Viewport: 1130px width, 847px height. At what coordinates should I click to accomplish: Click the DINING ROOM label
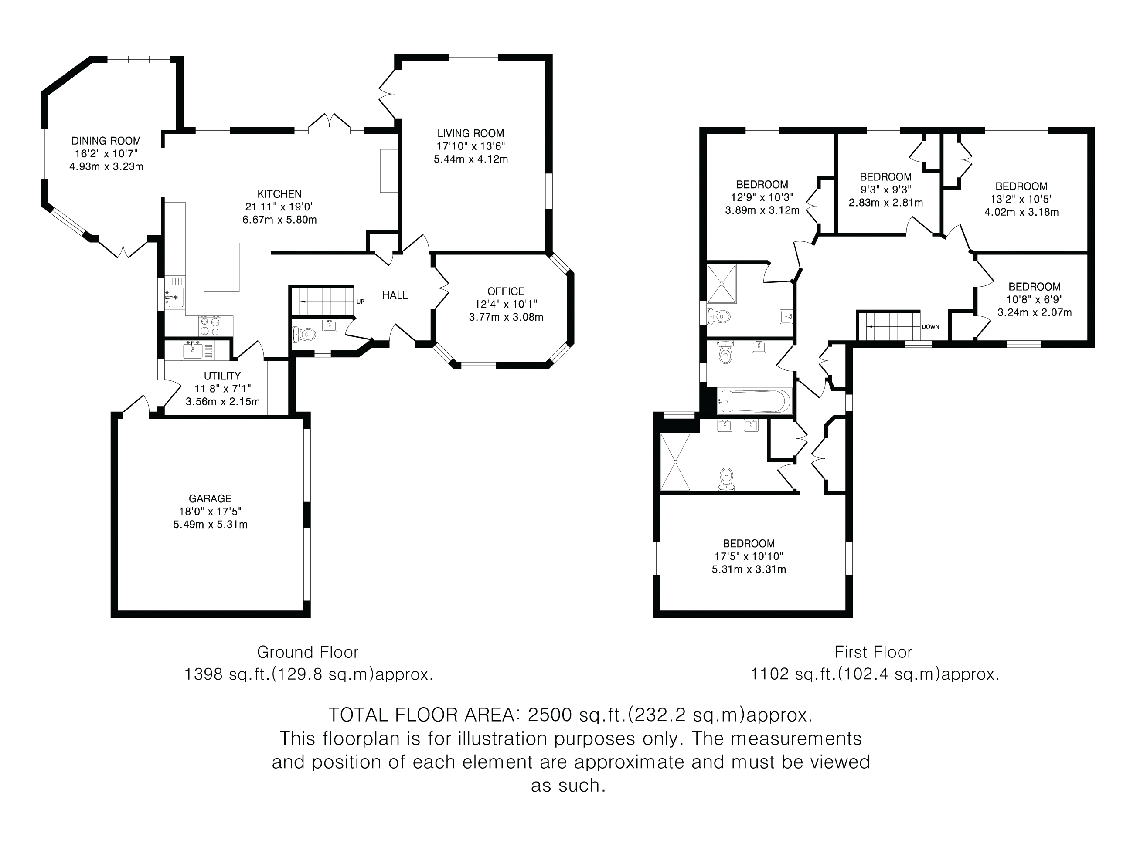click(106, 141)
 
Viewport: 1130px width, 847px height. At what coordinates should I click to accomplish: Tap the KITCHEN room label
click(279, 194)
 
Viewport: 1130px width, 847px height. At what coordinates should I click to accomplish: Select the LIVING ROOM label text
click(470, 134)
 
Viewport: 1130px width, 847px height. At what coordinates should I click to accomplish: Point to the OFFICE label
click(506, 291)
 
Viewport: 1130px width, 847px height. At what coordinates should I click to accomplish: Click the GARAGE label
click(210, 499)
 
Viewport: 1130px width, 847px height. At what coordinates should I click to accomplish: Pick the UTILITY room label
click(222, 376)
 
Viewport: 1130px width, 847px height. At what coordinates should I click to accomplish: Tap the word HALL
click(395, 295)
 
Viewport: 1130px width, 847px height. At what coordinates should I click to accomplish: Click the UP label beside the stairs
click(360, 302)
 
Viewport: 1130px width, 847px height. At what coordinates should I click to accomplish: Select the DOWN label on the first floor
click(930, 327)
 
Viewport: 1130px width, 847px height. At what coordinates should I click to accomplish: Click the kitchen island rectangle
click(222, 267)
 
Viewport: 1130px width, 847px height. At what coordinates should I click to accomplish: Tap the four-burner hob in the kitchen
click(210, 326)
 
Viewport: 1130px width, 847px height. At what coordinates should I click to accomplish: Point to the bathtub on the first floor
click(755, 401)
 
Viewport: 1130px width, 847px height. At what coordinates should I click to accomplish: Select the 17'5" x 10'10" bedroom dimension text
click(749, 556)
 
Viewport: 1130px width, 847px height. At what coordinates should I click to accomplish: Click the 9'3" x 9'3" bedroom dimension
click(886, 190)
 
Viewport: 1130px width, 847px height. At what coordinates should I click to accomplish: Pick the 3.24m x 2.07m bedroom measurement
click(1035, 312)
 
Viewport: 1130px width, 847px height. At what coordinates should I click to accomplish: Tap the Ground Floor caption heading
click(307, 652)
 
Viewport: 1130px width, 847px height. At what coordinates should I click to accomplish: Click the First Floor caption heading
click(873, 652)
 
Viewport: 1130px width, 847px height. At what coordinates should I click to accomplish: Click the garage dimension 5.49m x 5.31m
click(210, 524)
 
